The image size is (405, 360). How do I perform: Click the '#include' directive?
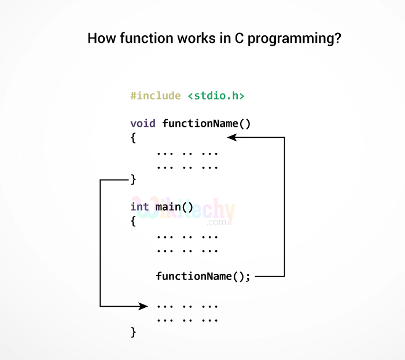click(x=156, y=95)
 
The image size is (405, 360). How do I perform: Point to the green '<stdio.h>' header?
click(x=216, y=95)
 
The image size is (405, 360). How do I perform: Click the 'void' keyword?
click(x=143, y=123)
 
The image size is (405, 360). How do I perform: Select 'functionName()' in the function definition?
click(x=207, y=123)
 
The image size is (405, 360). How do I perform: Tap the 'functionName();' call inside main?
click(x=203, y=276)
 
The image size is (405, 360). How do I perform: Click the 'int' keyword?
click(x=139, y=207)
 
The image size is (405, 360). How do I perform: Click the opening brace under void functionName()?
click(x=133, y=138)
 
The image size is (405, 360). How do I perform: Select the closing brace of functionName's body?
click(x=133, y=179)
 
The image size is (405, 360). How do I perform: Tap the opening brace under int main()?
click(x=133, y=221)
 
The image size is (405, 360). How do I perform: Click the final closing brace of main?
click(x=133, y=332)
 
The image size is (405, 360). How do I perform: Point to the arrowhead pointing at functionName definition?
click(x=232, y=137)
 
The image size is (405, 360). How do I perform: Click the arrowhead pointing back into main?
click(x=143, y=306)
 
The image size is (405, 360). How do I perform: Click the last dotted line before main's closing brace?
click(x=187, y=319)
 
